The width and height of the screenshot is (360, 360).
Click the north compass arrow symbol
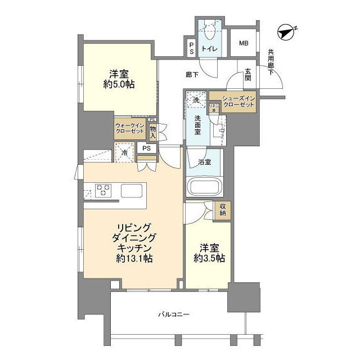pos(287,33)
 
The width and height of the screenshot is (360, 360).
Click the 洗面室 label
pos(198,124)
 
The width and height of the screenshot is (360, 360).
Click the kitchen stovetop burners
pos(103,190)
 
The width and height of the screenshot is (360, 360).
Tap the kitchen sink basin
pos(132,191)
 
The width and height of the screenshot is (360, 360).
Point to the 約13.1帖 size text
pos(133,259)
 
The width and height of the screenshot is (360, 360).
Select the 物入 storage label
pos(153,131)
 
